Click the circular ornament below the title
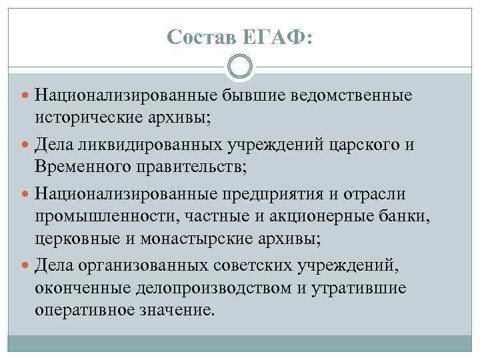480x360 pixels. click(x=240, y=67)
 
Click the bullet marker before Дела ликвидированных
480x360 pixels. click(x=25, y=143)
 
